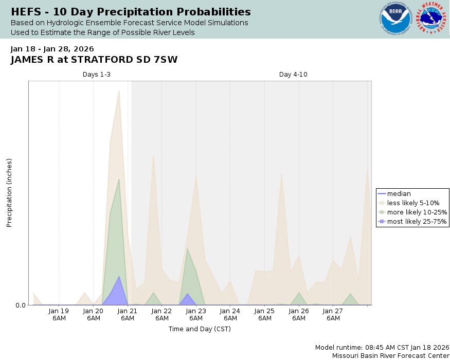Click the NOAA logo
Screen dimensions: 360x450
tap(395, 19)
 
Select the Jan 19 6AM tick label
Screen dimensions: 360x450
tap(59, 314)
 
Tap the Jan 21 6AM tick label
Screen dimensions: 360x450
tap(128, 314)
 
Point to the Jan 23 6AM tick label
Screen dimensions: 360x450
tap(196, 314)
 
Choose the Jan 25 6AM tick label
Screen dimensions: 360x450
tap(264, 314)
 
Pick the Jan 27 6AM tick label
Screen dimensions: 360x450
tap(333, 314)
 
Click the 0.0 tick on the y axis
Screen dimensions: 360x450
tap(21, 305)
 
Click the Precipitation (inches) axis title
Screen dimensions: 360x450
tap(9, 193)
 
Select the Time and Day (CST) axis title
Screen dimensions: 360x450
tap(200, 329)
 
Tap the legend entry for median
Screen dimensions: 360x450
tap(399, 194)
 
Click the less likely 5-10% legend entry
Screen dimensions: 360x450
tap(413, 203)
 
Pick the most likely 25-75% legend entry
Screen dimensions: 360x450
tap(417, 222)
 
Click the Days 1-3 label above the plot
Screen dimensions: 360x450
tap(97, 75)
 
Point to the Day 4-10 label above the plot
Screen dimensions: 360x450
tap(293, 75)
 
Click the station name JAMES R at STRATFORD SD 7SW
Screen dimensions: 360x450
tap(94, 60)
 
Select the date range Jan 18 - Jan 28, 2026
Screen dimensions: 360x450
tap(52, 49)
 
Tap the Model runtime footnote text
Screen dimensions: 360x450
tap(382, 347)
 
